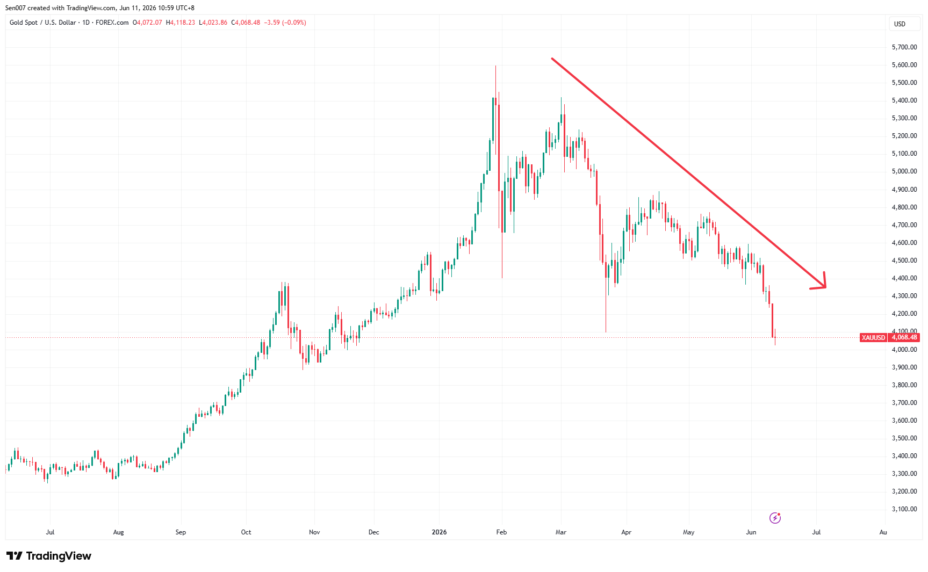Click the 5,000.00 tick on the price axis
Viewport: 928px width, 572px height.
point(904,171)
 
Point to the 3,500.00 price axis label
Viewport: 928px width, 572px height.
point(904,438)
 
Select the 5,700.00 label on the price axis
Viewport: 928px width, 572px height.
point(904,47)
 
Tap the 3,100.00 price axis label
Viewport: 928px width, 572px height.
point(904,509)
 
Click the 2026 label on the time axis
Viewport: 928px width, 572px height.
point(439,532)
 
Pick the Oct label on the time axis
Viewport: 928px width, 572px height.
point(246,532)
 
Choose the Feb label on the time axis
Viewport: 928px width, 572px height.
point(501,532)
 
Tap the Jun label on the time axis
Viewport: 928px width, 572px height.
point(751,532)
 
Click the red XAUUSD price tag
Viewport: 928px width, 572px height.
point(873,338)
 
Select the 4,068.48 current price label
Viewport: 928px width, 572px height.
point(904,337)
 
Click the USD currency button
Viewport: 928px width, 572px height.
point(900,24)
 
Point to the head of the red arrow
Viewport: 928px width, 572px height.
point(825,287)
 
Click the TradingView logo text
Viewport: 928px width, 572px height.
point(59,556)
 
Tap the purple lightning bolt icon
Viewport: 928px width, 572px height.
point(775,518)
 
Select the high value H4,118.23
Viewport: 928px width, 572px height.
point(181,23)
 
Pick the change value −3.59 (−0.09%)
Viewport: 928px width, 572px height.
point(285,23)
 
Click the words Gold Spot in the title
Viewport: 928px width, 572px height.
point(24,23)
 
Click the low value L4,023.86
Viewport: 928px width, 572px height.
point(213,23)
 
